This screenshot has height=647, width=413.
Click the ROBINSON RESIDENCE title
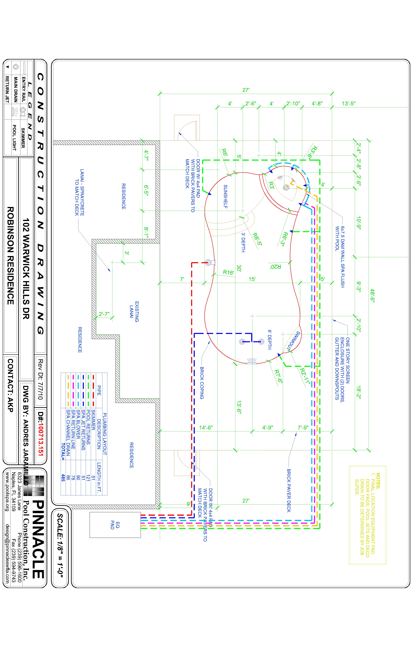click(10, 255)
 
